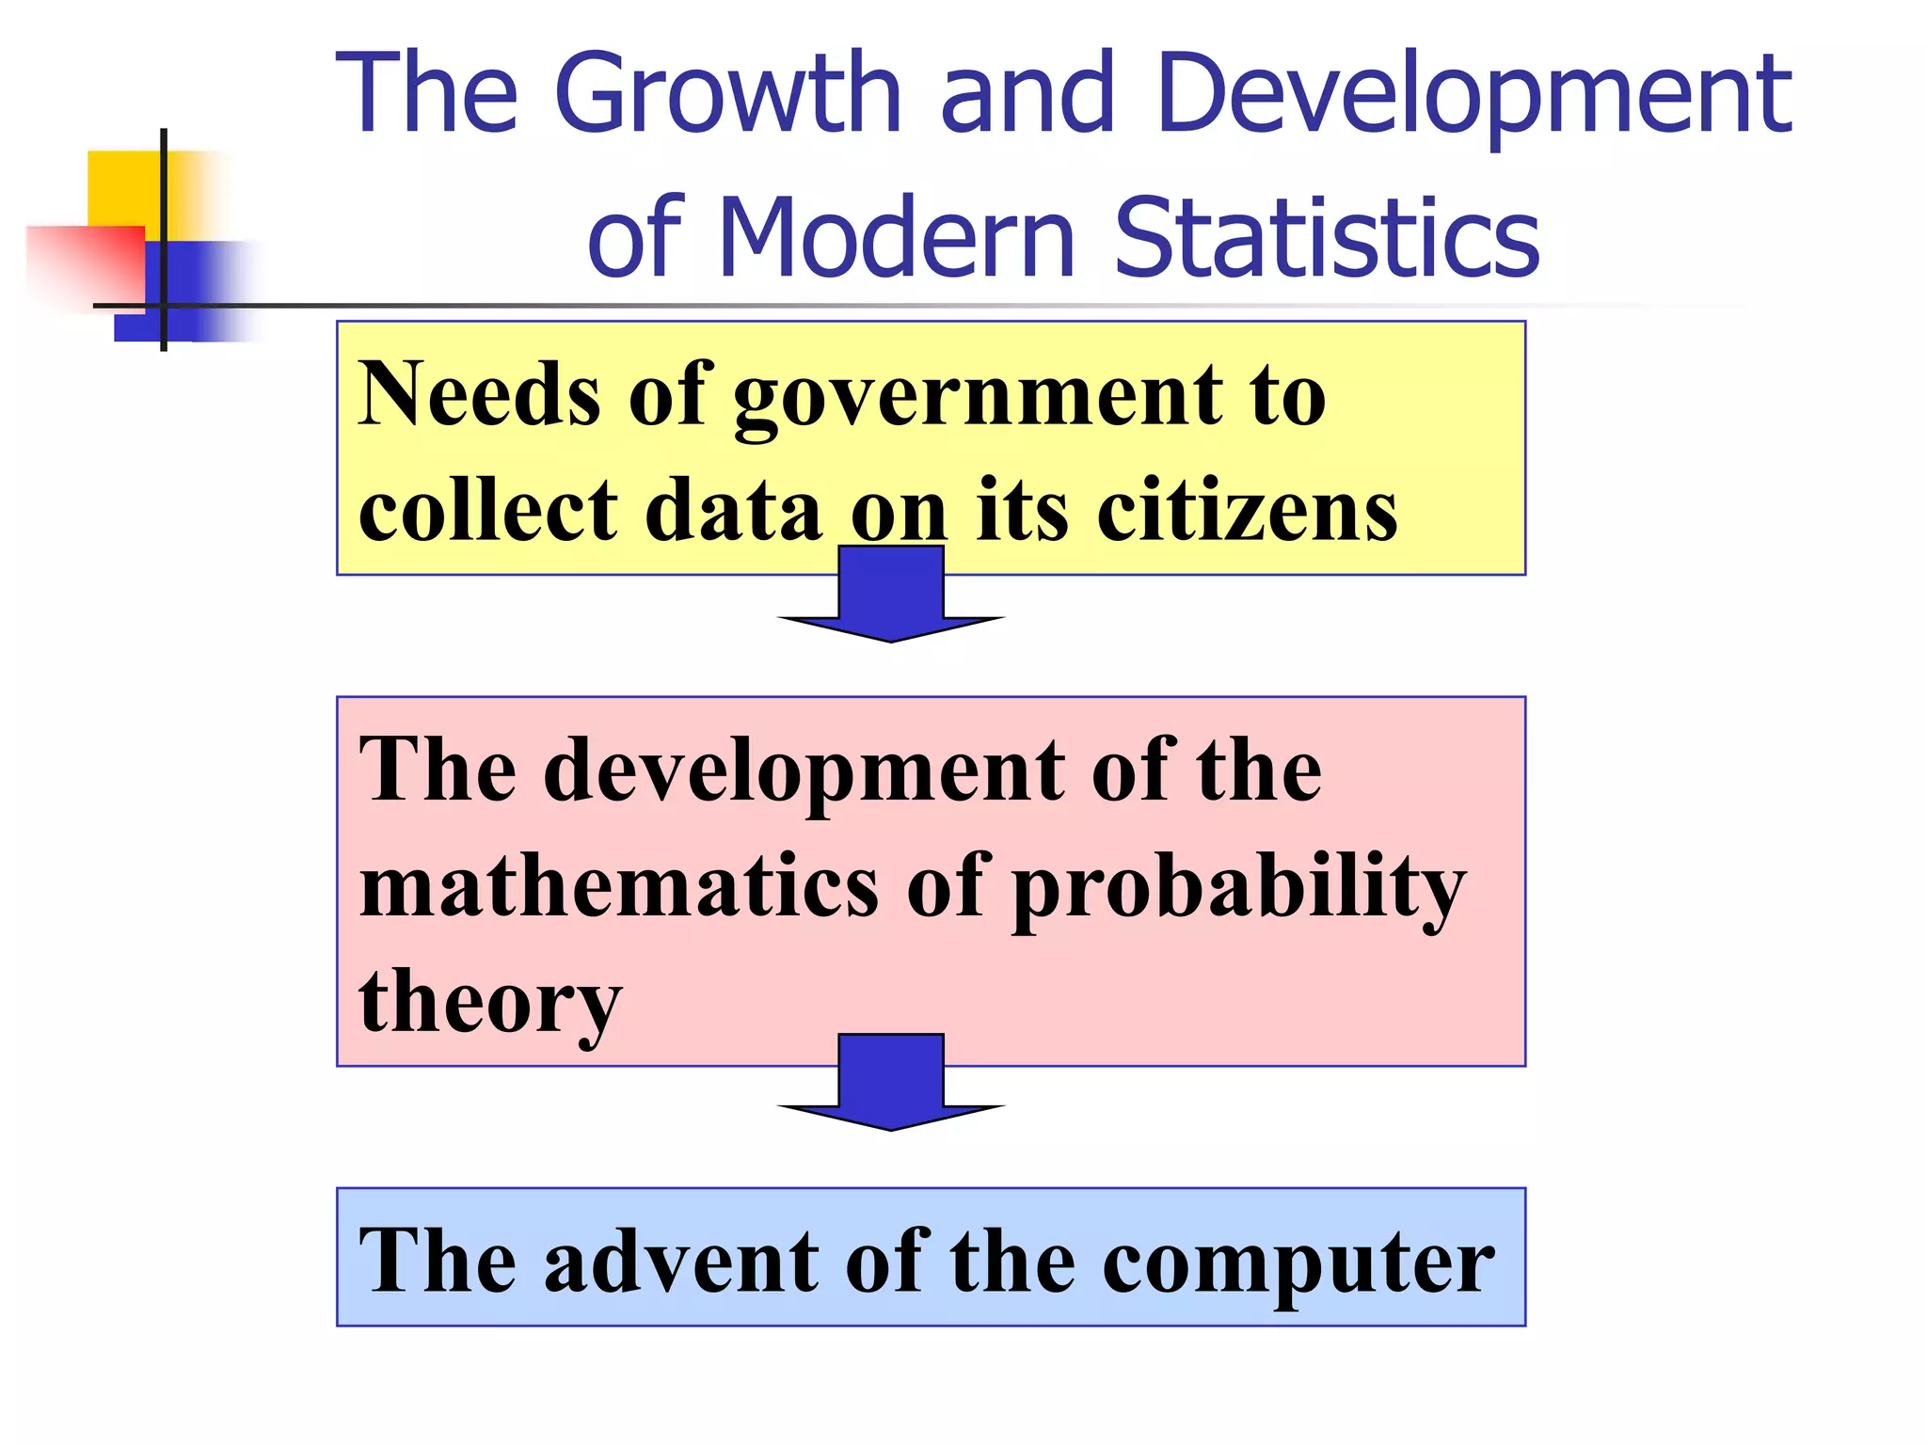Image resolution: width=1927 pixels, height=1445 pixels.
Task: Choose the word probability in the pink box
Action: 1238,889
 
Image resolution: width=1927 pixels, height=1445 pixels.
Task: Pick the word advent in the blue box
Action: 682,1261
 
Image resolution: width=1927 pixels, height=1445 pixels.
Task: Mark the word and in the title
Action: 1027,94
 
